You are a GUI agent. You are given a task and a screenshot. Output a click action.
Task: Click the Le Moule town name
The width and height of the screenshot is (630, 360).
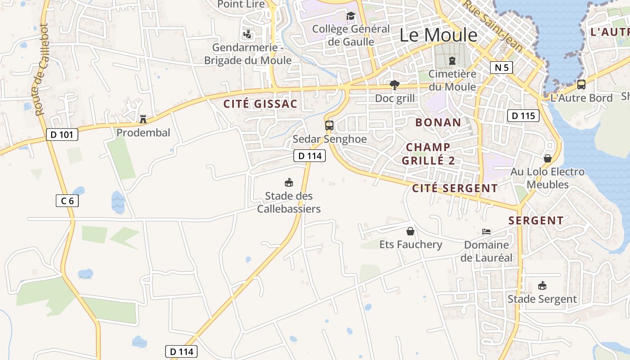pyautogui.click(x=438, y=35)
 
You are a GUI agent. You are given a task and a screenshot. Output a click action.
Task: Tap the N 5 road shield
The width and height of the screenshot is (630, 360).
pyautogui.click(x=501, y=68)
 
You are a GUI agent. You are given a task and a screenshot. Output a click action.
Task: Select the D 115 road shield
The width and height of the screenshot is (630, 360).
pyautogui.click(x=523, y=116)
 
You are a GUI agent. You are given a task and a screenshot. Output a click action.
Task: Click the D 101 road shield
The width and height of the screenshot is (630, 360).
pyautogui.click(x=62, y=134)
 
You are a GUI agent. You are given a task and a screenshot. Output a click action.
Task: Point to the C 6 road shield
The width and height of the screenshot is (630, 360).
pyautogui.click(x=67, y=201)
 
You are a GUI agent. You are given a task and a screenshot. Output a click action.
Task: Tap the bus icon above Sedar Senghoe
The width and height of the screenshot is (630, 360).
pyautogui.click(x=329, y=126)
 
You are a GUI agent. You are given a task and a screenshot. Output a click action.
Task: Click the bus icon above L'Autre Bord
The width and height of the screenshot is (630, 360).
pyautogui.click(x=581, y=84)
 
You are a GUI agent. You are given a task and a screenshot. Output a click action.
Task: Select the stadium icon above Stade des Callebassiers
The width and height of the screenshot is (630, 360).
pyautogui.click(x=289, y=183)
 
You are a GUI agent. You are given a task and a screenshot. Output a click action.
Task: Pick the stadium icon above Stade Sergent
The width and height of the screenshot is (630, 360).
pyautogui.click(x=542, y=286)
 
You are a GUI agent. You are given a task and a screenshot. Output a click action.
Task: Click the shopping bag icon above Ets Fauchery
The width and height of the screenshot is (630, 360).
pyautogui.click(x=410, y=231)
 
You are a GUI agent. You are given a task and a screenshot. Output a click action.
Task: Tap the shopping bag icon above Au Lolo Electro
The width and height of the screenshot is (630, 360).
pyautogui.click(x=548, y=158)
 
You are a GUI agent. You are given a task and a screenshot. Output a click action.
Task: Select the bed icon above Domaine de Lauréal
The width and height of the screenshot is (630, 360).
pyautogui.click(x=486, y=232)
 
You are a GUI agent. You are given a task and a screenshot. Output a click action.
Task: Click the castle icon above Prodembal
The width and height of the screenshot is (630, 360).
pyautogui.click(x=143, y=119)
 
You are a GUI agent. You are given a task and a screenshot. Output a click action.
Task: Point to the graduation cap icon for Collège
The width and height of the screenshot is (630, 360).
pyautogui.click(x=351, y=16)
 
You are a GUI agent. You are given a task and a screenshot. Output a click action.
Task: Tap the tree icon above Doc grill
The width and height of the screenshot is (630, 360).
pyautogui.click(x=395, y=85)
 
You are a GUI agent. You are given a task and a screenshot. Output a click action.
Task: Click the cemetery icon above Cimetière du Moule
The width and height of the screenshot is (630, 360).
pyautogui.click(x=452, y=60)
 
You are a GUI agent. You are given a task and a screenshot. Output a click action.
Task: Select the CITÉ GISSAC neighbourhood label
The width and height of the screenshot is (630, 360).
pyautogui.click(x=261, y=104)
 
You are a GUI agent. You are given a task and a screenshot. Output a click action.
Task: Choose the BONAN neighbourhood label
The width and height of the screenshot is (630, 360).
pyautogui.click(x=438, y=122)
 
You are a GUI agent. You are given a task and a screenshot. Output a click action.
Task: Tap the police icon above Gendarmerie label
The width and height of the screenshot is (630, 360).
pyautogui.click(x=247, y=34)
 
